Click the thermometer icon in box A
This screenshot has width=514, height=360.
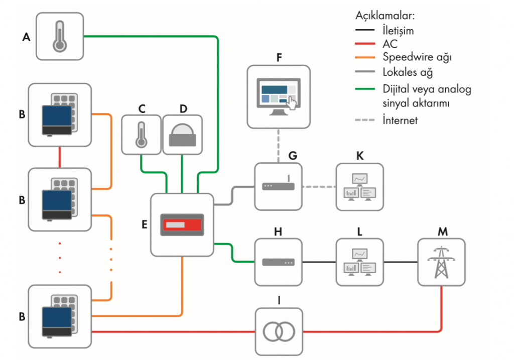point(60,36)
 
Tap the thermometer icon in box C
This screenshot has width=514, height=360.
point(141,135)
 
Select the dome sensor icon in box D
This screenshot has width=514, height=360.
point(182,135)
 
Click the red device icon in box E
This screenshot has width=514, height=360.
point(182,225)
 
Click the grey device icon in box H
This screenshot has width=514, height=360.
point(278,262)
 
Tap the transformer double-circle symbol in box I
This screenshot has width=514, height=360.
point(279,331)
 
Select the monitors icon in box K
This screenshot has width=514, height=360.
point(359,187)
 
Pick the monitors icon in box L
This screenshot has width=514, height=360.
point(359,262)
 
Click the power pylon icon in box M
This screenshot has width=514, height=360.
point(441,262)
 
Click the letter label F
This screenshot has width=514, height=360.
point(279,58)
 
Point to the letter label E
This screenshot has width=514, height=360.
point(144,224)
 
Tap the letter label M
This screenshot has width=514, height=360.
point(443,232)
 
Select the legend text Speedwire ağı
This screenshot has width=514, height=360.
point(417,57)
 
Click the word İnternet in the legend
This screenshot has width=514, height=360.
point(400,120)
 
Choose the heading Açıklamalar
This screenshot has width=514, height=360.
point(385,16)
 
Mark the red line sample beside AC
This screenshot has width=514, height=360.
point(365,44)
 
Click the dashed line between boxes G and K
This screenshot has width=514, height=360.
point(319,187)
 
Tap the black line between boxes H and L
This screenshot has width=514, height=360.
point(319,262)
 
